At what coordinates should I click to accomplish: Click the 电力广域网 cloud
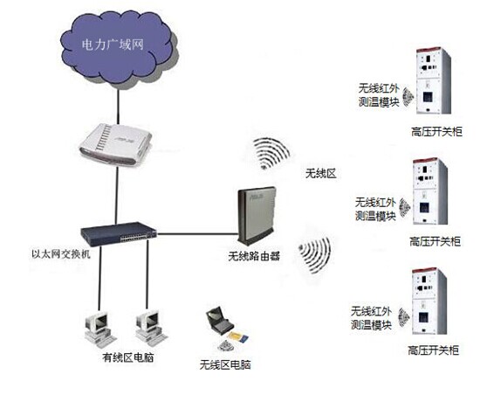coord(119,46)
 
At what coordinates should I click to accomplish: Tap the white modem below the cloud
coord(115,144)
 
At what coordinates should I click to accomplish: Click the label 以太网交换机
coord(61,253)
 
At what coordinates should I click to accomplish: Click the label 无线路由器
coord(254,256)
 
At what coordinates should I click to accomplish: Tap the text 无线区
coord(321,173)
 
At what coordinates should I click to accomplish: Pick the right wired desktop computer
coord(151,328)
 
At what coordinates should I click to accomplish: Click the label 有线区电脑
coord(128,357)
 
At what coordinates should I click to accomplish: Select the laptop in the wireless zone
coord(220,321)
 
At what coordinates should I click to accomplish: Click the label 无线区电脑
coord(225,364)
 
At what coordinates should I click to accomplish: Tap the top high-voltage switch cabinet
coord(433,80)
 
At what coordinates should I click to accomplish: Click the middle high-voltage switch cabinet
coord(430,191)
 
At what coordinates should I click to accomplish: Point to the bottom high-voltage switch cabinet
coord(429,301)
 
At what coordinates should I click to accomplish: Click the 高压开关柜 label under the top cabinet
coord(437,132)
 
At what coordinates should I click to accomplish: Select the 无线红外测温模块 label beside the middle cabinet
coord(375,209)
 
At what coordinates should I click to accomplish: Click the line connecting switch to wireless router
coord(197,234)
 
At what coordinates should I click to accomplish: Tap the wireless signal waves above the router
coord(271,153)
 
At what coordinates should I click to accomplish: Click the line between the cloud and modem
coord(118,107)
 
